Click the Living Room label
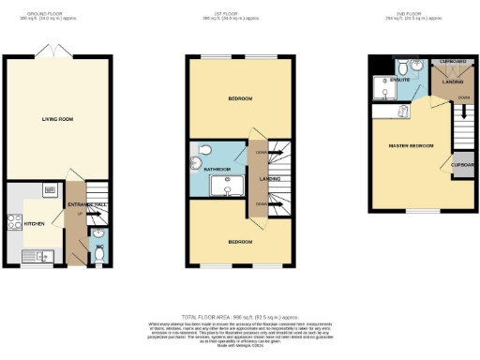[x=58, y=119]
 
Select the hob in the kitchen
[x=16, y=223]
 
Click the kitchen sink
[x=41, y=255]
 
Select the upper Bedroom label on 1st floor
[x=216, y=97]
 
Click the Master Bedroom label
[x=406, y=145]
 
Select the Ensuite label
[x=411, y=82]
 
